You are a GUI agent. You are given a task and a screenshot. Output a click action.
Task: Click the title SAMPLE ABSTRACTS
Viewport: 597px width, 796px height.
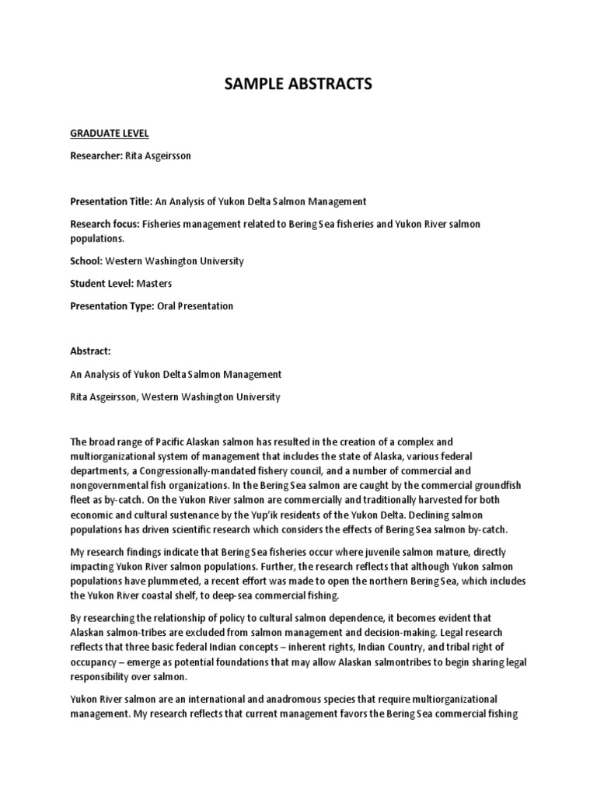(x=298, y=85)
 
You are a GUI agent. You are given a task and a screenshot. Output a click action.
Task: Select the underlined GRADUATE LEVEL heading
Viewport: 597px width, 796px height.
(x=104, y=134)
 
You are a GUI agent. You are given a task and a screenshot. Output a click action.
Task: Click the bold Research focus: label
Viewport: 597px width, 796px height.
(x=105, y=224)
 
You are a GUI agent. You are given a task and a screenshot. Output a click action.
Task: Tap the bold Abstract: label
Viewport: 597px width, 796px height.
(x=90, y=352)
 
